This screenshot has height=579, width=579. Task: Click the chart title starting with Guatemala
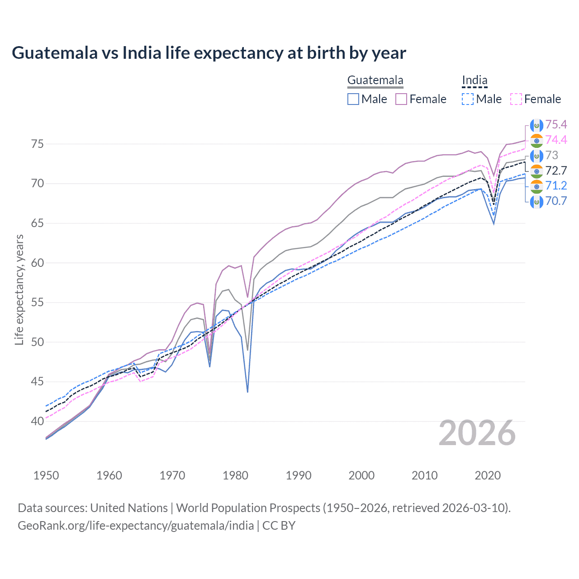pyautogui.click(x=209, y=53)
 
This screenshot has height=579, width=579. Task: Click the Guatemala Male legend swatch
pyautogui.click(x=353, y=99)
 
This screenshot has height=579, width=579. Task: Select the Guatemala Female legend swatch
pyautogui.click(x=401, y=99)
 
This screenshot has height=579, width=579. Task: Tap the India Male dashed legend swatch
pyautogui.click(x=468, y=99)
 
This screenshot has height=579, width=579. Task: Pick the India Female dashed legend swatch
pyautogui.click(x=516, y=99)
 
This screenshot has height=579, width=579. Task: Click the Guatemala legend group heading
pyautogui.click(x=375, y=81)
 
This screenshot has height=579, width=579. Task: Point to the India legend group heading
pyautogui.click(x=475, y=81)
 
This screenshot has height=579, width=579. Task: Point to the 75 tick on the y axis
pyautogui.click(x=38, y=144)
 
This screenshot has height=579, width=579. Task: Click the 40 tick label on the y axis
pyautogui.click(x=38, y=421)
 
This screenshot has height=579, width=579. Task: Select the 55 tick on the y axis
pyautogui.click(x=38, y=303)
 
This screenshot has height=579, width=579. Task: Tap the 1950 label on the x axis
pyautogui.click(x=46, y=475)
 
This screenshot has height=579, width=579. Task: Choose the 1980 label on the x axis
pyautogui.click(x=235, y=475)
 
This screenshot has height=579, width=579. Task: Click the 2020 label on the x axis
pyautogui.click(x=488, y=475)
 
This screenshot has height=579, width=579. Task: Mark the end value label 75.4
pyautogui.click(x=556, y=125)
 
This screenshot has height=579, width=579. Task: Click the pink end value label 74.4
pyautogui.click(x=556, y=140)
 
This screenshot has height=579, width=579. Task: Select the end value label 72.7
pyautogui.click(x=556, y=171)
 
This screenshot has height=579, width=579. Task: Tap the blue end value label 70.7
pyautogui.click(x=556, y=201)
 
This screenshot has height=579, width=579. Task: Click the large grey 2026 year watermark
pyautogui.click(x=477, y=433)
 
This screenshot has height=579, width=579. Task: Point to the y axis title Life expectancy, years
pyautogui.click(x=19, y=289)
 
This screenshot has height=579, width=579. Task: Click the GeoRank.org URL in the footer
pyautogui.click(x=136, y=526)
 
